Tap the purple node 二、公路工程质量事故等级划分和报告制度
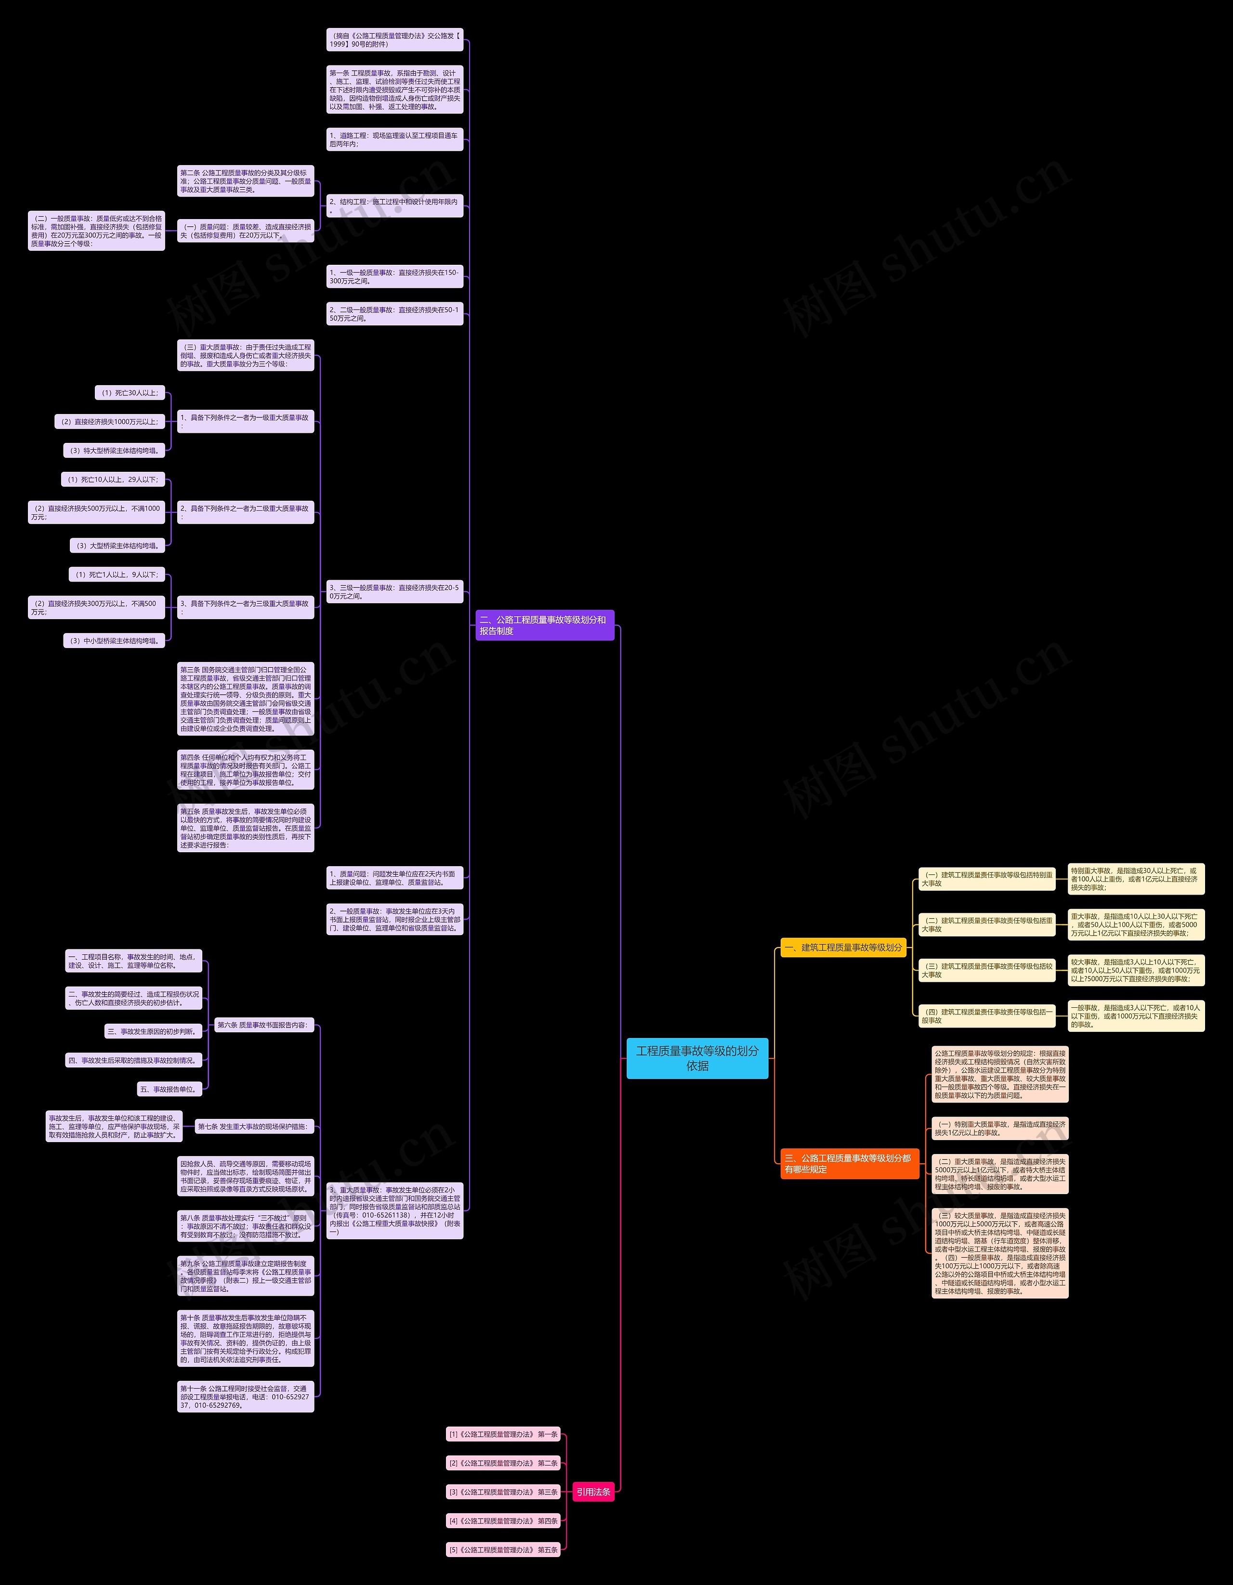(545, 625)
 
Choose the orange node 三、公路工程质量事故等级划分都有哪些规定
(847, 1163)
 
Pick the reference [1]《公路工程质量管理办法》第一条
(503, 1434)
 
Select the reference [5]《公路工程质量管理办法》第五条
(503, 1549)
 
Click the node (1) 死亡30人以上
(130, 392)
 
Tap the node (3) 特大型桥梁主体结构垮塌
(114, 451)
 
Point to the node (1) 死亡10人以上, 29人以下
(113, 479)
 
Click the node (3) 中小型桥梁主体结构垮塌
(114, 641)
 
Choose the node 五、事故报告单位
(169, 1089)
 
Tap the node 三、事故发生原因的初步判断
(153, 1031)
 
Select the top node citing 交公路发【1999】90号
(394, 40)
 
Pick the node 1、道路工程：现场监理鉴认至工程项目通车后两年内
(394, 139)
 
